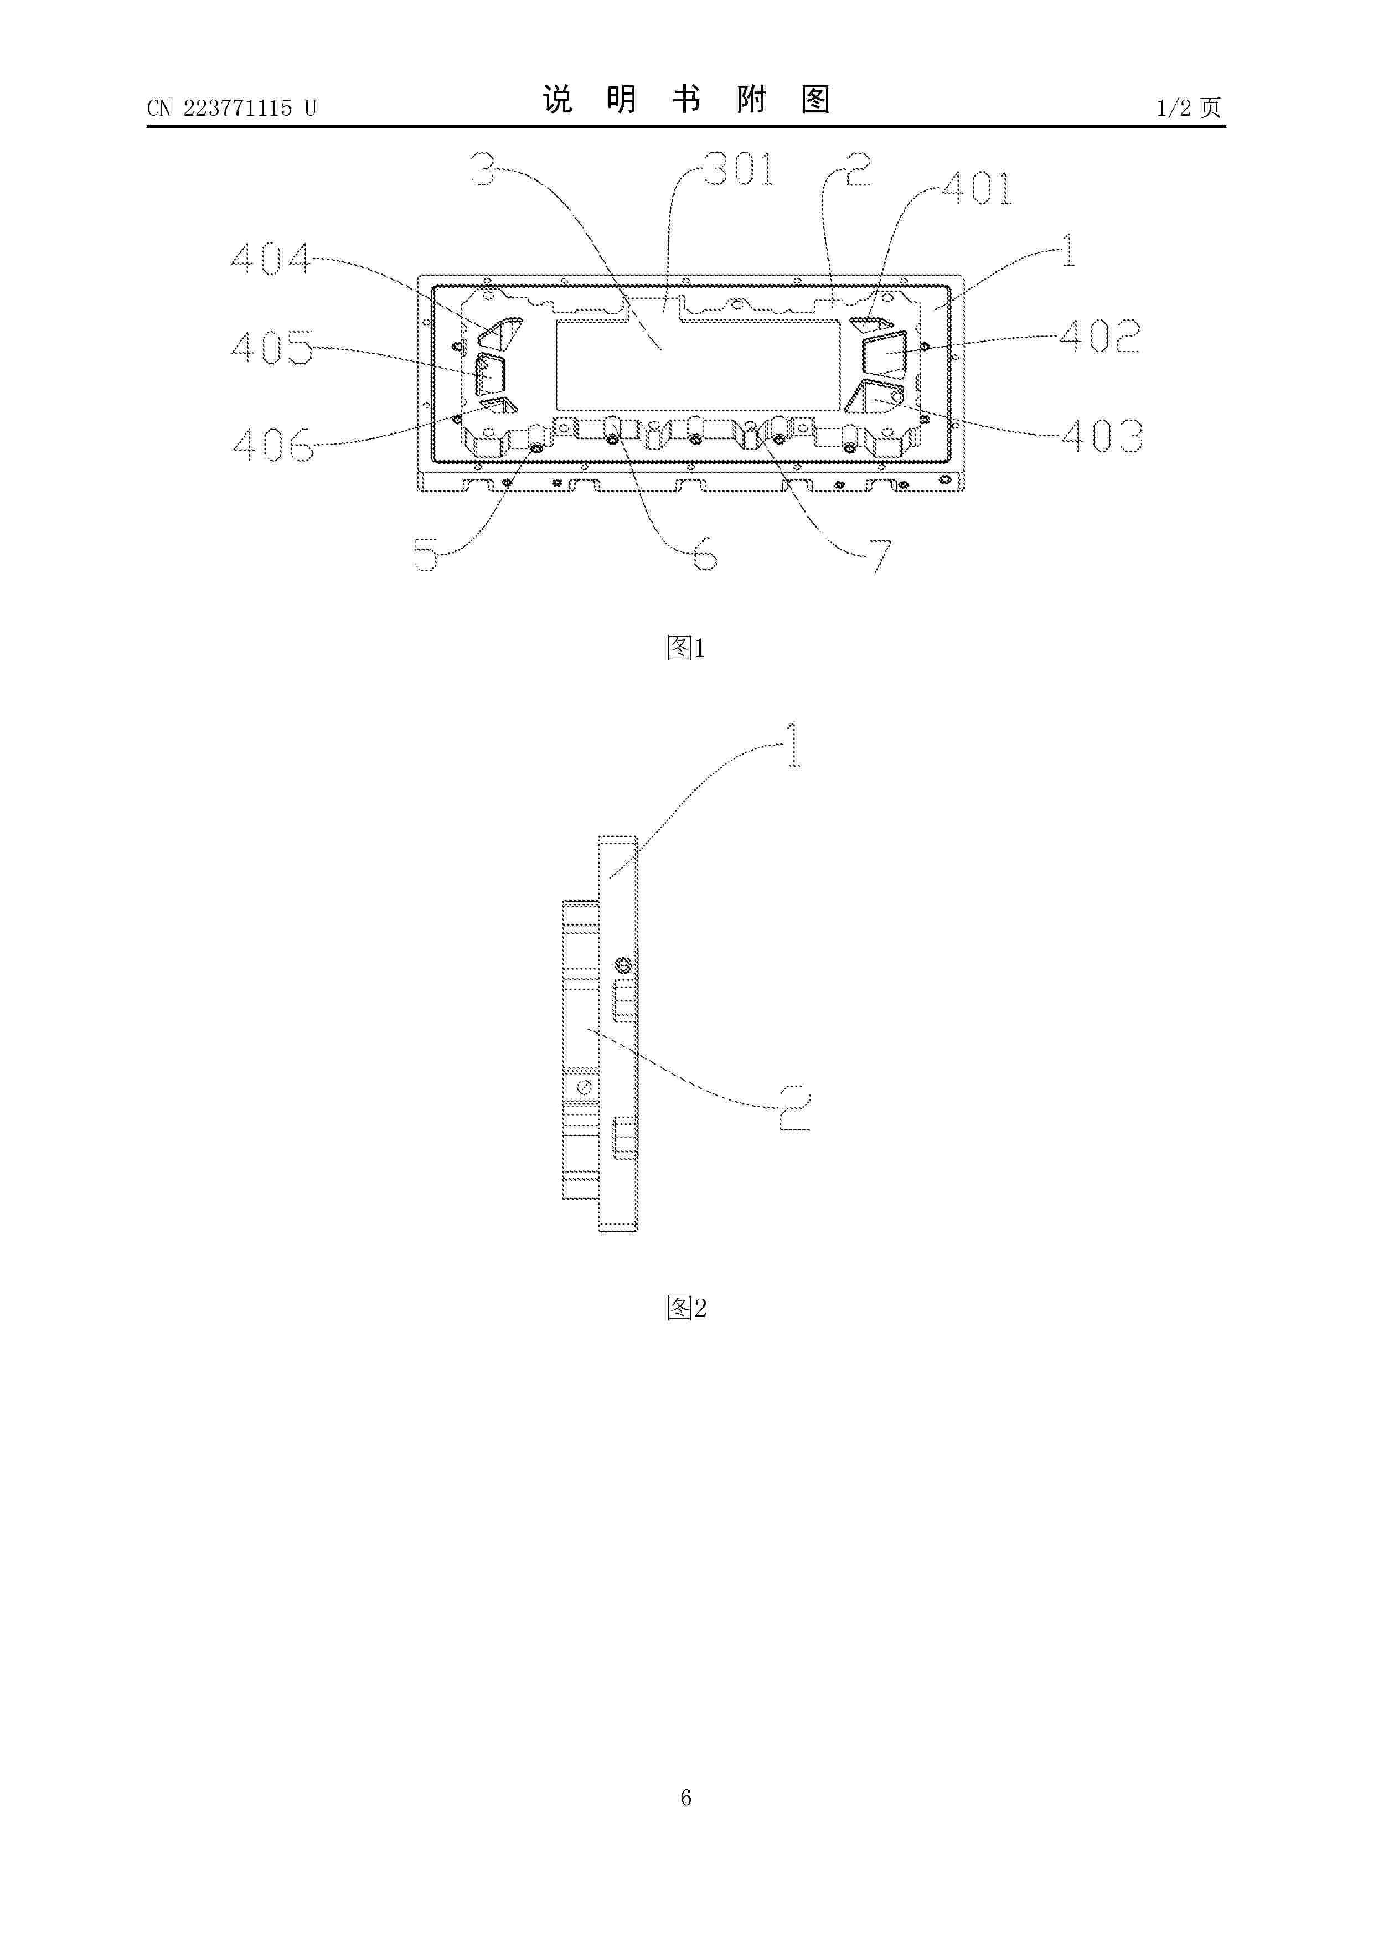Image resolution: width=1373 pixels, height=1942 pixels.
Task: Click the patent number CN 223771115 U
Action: click(232, 107)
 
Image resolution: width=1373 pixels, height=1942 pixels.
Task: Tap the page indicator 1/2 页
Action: click(1189, 107)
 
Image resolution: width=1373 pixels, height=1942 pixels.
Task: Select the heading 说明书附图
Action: click(686, 100)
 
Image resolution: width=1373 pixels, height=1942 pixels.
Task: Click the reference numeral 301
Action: click(739, 169)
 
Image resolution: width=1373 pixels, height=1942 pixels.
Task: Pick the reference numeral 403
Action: click(1102, 436)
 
